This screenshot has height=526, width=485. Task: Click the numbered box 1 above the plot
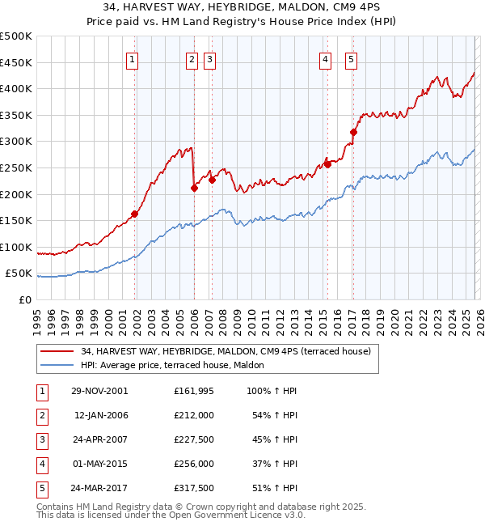pyautogui.click(x=133, y=58)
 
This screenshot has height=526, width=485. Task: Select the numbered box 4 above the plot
pyautogui.click(x=325, y=58)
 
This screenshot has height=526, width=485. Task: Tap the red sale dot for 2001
pyautogui.click(x=135, y=214)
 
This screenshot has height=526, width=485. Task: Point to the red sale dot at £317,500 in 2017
pyautogui.click(x=354, y=132)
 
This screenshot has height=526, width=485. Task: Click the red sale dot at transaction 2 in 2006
pyautogui.click(x=194, y=188)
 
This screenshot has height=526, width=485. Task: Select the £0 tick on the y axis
pyautogui.click(x=24, y=299)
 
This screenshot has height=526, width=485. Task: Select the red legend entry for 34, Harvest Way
pyautogui.click(x=226, y=351)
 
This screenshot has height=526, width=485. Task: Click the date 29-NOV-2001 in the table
pyautogui.click(x=100, y=391)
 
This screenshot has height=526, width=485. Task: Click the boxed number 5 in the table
pyautogui.click(x=40, y=488)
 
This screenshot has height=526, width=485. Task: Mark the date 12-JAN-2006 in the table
pyautogui.click(x=100, y=415)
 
